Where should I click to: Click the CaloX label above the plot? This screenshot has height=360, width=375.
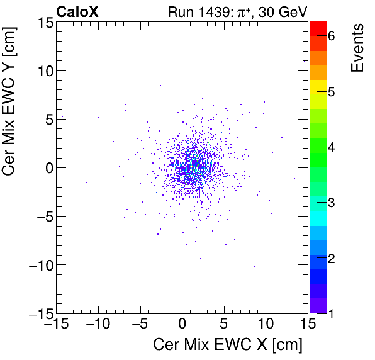(77, 11)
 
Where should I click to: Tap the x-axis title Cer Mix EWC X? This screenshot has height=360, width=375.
(228, 345)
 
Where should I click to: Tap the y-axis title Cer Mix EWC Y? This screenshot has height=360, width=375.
(11, 106)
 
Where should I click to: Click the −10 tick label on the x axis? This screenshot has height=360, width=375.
(97, 324)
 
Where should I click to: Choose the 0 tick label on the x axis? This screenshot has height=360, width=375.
(182, 324)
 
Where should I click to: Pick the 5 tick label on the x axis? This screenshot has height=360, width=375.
(224, 324)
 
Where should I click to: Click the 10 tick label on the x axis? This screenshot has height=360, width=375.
(266, 324)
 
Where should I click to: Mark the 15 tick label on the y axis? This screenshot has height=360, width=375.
(43, 22)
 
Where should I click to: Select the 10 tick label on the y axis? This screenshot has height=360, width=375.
(43, 70)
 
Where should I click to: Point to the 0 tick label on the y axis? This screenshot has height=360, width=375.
(47, 167)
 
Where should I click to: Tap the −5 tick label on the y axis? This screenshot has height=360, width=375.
(42, 216)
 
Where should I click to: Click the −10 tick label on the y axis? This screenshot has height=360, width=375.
(39, 264)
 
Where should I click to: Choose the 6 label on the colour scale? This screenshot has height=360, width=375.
(332, 37)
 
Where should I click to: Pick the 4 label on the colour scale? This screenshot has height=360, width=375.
(332, 147)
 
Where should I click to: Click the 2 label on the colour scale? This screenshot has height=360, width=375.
(332, 258)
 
